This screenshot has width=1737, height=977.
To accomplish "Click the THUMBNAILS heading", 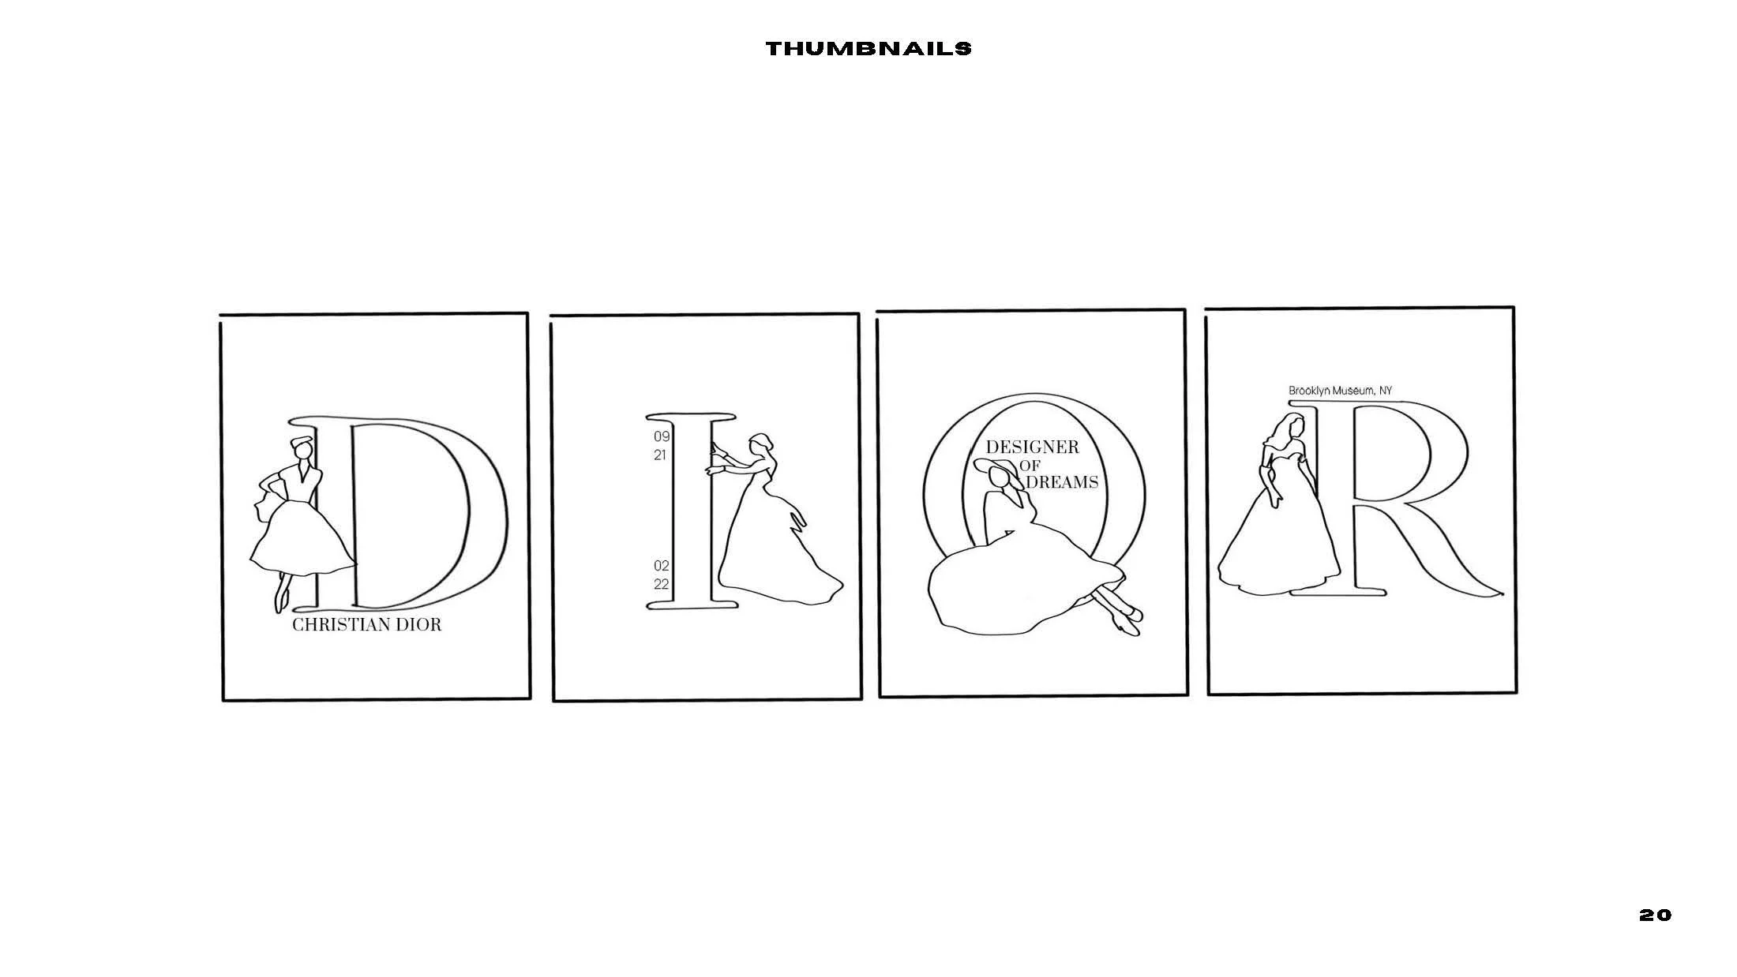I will [x=868, y=49].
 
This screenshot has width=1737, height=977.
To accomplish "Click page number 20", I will [x=1655, y=915].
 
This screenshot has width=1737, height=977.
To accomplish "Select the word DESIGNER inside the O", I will [x=1032, y=447].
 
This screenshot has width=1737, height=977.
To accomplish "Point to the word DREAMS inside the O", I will [x=1063, y=482].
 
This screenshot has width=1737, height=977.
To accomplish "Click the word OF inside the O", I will [x=1030, y=466].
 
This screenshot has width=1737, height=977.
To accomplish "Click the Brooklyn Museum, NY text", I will [x=1340, y=391].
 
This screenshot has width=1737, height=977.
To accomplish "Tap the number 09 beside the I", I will [x=661, y=436].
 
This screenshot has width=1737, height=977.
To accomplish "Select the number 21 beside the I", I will [x=660, y=455].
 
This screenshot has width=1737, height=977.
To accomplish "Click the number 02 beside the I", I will [x=661, y=566].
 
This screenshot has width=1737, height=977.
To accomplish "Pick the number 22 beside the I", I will [x=661, y=585].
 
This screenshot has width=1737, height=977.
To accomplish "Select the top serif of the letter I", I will [x=691, y=417].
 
